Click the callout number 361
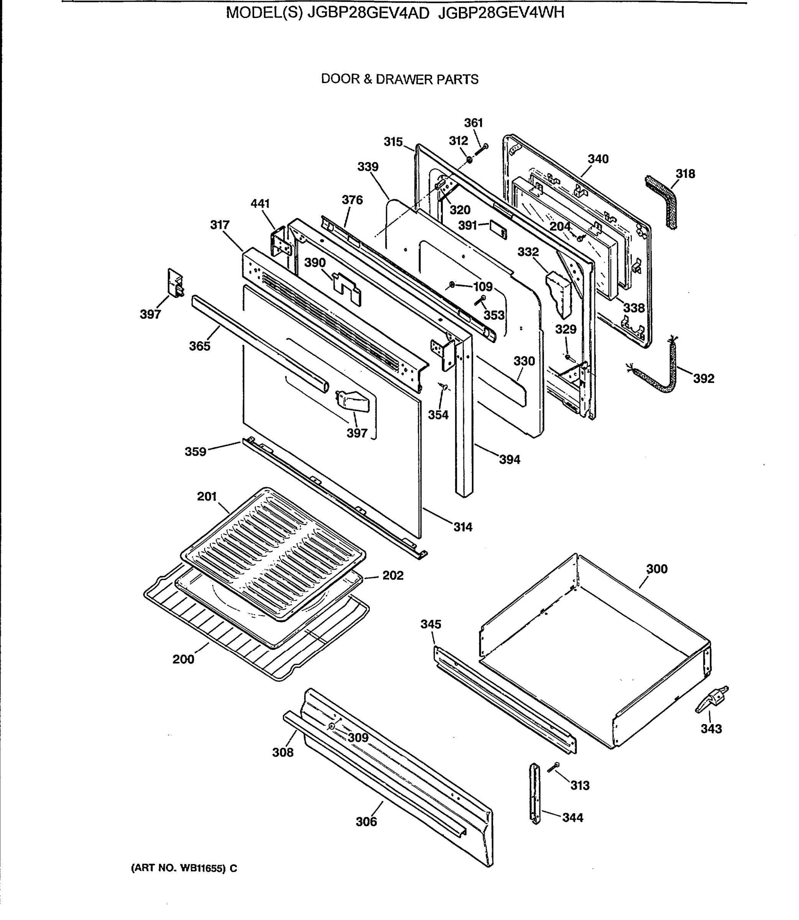[x=473, y=123]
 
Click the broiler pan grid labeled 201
[x=273, y=553]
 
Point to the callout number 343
[x=711, y=729]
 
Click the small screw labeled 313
[x=553, y=767]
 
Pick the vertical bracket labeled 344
[x=534, y=793]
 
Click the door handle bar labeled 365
[x=259, y=343]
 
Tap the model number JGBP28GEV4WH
[x=501, y=13]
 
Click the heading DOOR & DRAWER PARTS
[x=399, y=79]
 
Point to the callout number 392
[x=704, y=378]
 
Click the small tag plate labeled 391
[x=498, y=229]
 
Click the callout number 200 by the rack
[x=183, y=659]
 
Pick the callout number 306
[x=366, y=821]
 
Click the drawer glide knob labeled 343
[x=712, y=700]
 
